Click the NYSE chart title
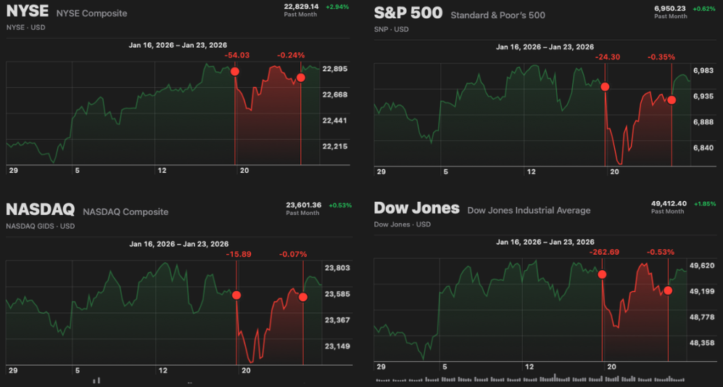[27, 12]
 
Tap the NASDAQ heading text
[40, 210]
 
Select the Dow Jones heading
[416, 208]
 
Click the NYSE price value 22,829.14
[301, 6]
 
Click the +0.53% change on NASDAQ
[339, 205]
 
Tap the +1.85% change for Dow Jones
[703, 204]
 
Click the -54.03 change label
[237, 55]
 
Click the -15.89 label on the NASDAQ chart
[239, 254]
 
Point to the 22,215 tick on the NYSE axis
[334, 147]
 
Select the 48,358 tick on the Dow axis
[702, 343]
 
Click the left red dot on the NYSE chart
[235, 71]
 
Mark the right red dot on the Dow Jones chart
[668, 290]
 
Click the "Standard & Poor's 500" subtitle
[497, 15]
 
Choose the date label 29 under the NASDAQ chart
[13, 370]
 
